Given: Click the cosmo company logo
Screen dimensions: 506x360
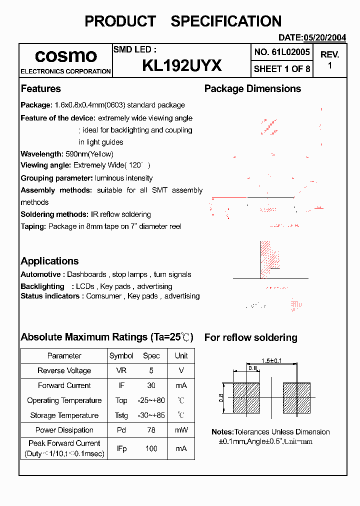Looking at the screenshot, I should click(65, 55).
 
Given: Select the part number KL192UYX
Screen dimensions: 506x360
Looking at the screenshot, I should click(182, 65).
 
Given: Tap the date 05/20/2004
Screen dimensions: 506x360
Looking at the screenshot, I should click(324, 37).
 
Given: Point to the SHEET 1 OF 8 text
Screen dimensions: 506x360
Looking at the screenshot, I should click(282, 68).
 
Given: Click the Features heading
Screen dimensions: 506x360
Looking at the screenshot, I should click(40, 88).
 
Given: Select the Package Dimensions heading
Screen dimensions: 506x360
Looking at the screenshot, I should click(252, 88).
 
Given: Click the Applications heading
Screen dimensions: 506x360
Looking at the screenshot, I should click(49, 261).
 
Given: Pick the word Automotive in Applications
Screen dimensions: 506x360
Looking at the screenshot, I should click(41, 274).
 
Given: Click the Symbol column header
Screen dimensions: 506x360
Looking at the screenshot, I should click(121, 356).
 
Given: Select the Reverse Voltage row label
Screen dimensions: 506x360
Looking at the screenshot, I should click(64, 370).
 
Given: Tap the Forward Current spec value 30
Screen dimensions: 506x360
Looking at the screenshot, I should click(151, 385).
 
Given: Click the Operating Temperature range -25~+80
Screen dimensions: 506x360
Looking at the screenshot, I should click(151, 400).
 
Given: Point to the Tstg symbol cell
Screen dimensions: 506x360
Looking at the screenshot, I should click(121, 415).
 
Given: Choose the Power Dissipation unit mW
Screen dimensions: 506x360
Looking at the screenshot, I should click(181, 430).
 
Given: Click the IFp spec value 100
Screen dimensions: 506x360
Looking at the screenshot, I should click(151, 448).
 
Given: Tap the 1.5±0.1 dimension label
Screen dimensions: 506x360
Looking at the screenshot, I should click(272, 360).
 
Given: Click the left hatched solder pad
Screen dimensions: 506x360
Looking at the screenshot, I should click(247, 397).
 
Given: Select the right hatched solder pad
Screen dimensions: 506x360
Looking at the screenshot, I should click(297, 397).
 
